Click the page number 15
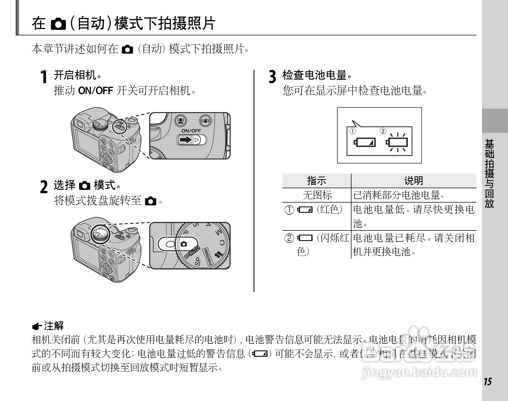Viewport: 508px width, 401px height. pos(488,382)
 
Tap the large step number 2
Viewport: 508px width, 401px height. pos(44,187)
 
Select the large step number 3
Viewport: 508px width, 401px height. pos(272,77)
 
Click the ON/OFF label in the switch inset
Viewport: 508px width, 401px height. pos(191,131)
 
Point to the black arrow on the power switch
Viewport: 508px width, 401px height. pos(186,140)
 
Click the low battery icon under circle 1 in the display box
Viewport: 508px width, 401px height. pos(365,142)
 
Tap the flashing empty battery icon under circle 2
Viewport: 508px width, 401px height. pos(397,142)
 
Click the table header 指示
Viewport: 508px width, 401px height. pos(317,181)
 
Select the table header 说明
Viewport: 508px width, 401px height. pos(413,181)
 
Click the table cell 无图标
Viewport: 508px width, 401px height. pos(317,195)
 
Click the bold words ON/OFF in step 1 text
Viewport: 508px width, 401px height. pos(96,91)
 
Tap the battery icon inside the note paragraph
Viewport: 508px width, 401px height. pos(260,354)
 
